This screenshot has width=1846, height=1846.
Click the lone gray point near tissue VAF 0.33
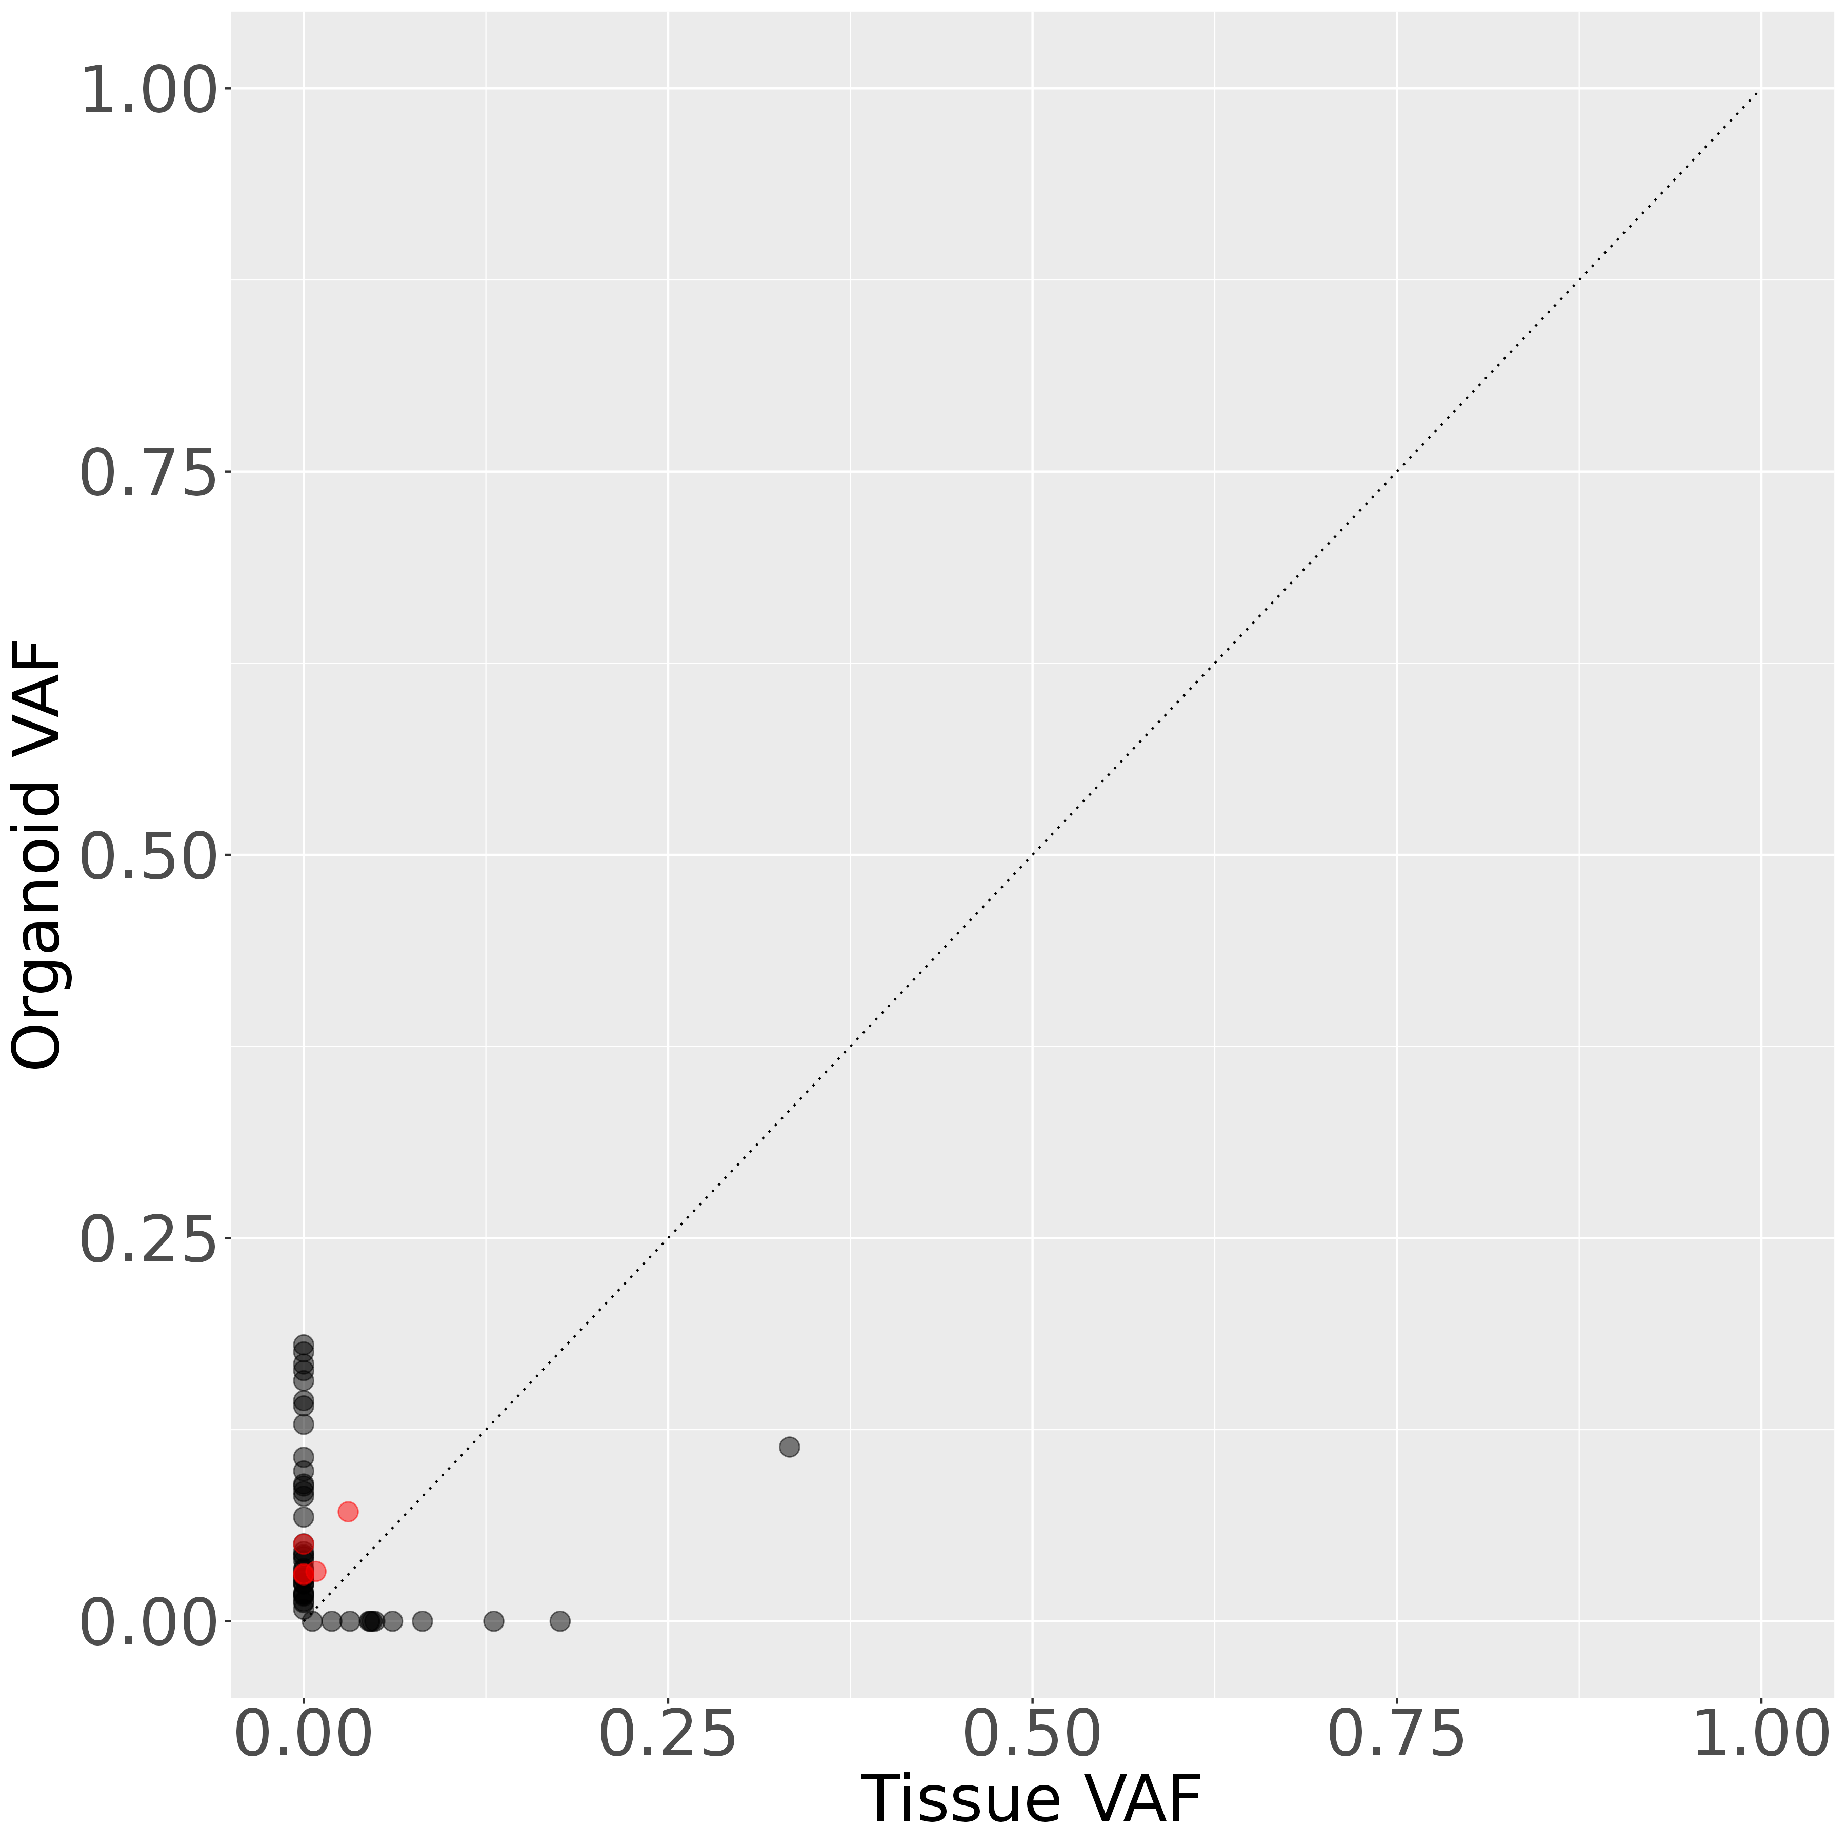pyautogui.click(x=789, y=1447)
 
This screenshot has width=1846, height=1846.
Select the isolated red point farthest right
pyautogui.click(x=348, y=1512)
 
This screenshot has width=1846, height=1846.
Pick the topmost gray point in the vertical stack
pyautogui.click(x=304, y=1343)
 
